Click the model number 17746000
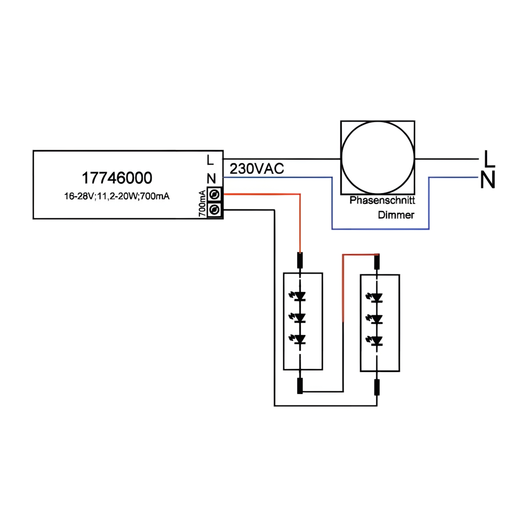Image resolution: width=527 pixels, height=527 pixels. (117, 178)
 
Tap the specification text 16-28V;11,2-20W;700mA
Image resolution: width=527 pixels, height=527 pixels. (117, 196)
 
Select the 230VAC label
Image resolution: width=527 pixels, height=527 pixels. (256, 169)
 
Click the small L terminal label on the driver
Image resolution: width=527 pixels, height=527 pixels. (210, 160)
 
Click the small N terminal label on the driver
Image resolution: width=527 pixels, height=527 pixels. (211, 179)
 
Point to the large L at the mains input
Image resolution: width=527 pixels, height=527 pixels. (489, 159)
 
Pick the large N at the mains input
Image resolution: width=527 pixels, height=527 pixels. (487, 180)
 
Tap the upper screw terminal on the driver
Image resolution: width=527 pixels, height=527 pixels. (215, 194)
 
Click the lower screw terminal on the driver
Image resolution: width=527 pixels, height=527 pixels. (215, 210)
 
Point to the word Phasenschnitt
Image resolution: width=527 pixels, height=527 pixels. (382, 200)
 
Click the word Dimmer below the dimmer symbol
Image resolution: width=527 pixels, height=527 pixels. (396, 215)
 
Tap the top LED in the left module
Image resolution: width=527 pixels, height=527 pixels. (300, 296)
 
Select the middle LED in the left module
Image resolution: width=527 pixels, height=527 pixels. (300, 318)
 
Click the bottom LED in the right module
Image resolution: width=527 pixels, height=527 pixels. (376, 341)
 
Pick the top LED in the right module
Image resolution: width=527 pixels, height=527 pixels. (376, 298)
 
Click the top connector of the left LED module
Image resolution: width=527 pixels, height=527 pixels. (300, 260)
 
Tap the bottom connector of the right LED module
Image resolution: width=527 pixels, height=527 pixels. (377, 387)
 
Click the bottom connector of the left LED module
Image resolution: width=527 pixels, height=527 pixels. (300, 386)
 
